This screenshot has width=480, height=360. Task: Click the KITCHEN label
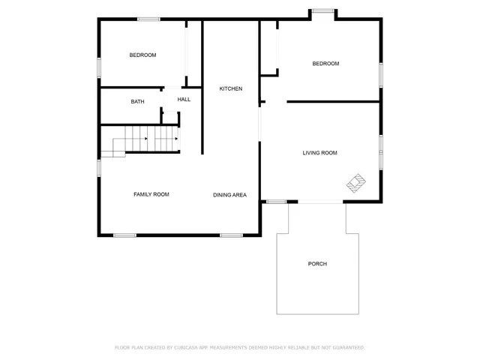point(230,89)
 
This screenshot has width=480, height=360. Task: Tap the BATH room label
point(137,102)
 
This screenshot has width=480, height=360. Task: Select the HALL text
point(184,100)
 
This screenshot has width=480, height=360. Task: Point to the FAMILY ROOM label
point(151,194)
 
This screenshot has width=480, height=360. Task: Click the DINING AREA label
point(229,195)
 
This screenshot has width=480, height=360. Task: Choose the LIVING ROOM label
point(319,153)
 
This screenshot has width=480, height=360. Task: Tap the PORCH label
point(317,264)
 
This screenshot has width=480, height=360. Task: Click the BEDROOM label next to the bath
point(142,55)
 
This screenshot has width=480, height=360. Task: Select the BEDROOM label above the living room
point(325,64)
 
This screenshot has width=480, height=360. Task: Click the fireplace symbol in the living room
point(355,182)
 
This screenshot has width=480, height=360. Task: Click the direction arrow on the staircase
point(175,139)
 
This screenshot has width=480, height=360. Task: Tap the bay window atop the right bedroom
point(324,10)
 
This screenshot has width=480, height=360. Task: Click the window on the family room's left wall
point(99,168)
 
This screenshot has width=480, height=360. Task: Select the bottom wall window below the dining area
point(231,235)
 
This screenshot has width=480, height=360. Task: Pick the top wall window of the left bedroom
point(148,19)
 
